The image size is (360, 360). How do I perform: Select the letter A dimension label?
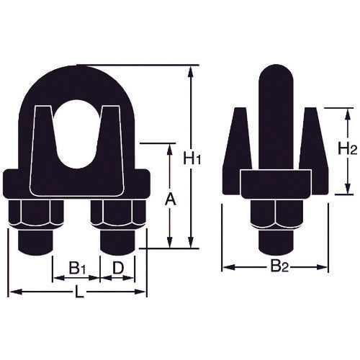click(x=170, y=197)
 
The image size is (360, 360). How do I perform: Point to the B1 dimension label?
click(x=78, y=268)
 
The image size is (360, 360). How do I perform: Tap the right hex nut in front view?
click(x=120, y=215)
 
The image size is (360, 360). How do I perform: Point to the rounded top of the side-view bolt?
click(x=274, y=76)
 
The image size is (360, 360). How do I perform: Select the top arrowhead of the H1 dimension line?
click(x=190, y=70)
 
